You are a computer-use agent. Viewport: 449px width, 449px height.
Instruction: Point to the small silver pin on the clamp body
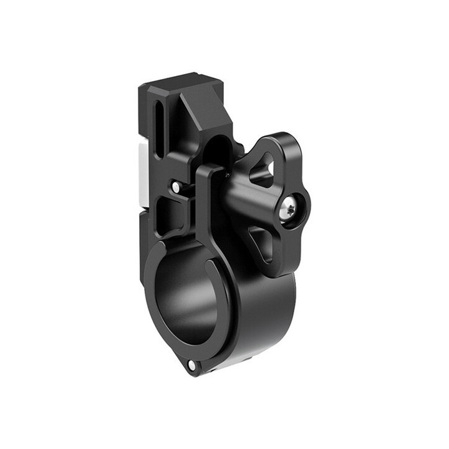point(176,186)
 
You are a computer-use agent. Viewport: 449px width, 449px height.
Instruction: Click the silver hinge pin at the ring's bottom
point(191,364)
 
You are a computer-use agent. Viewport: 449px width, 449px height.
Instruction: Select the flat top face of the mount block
point(178,84)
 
